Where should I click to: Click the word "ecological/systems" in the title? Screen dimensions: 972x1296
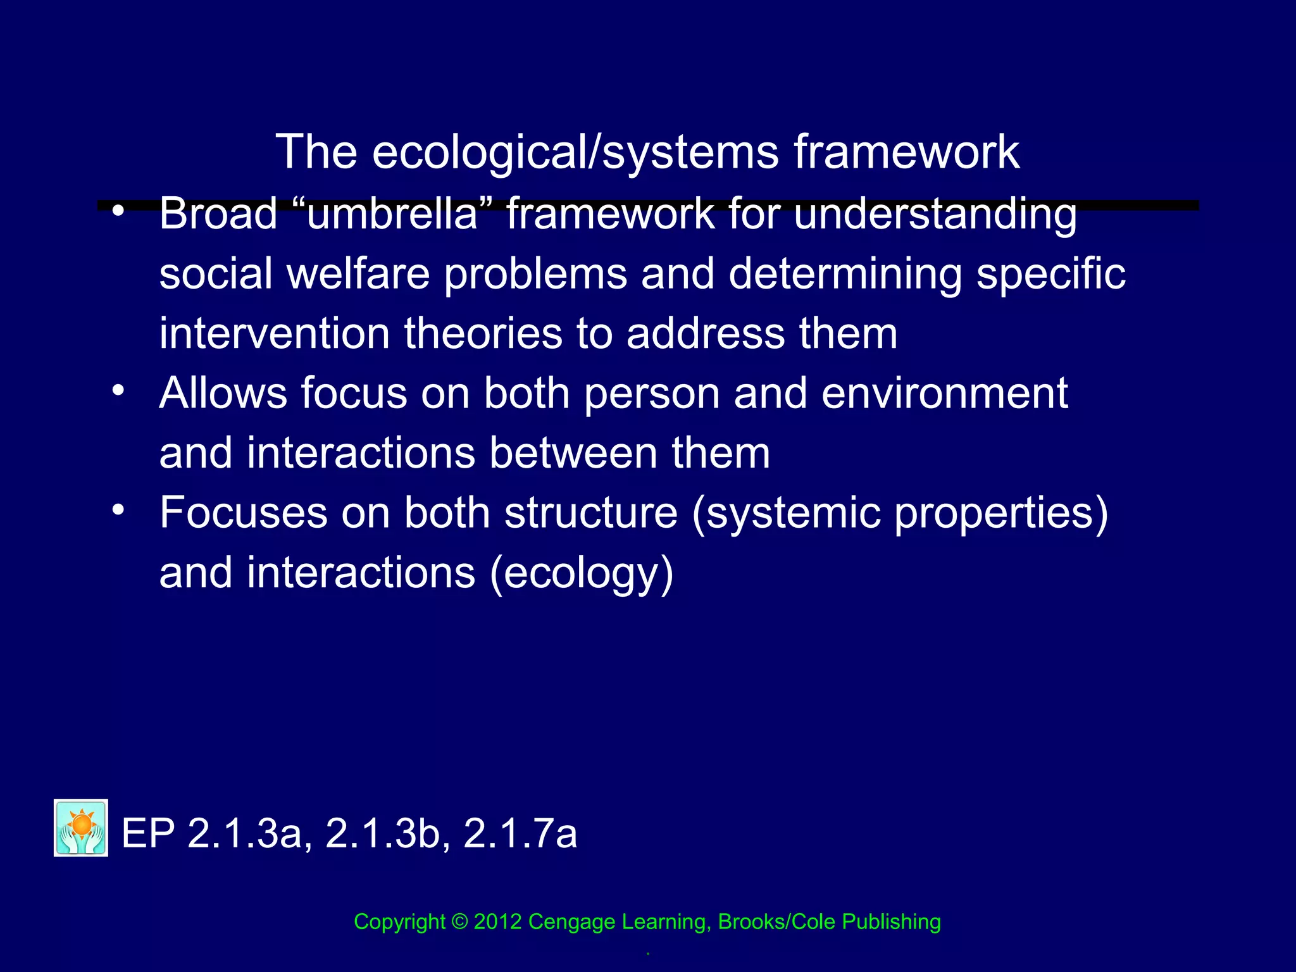pos(575,153)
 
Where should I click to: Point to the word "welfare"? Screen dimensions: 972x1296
pos(358,274)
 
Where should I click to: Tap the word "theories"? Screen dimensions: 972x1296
pos(483,333)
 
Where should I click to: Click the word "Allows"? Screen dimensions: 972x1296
pos(223,394)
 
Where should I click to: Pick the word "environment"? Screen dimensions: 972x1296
pos(944,394)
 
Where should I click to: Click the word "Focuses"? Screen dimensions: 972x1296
pos(243,513)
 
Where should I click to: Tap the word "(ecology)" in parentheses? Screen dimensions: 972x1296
pos(582,573)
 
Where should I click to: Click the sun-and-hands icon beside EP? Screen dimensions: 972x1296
pos(81,828)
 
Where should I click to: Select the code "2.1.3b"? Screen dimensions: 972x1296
pos(387,833)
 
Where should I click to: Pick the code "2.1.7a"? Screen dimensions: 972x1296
pos(520,833)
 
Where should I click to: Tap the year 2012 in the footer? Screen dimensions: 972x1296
pos(497,922)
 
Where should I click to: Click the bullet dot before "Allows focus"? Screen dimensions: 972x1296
pos(118,390)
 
